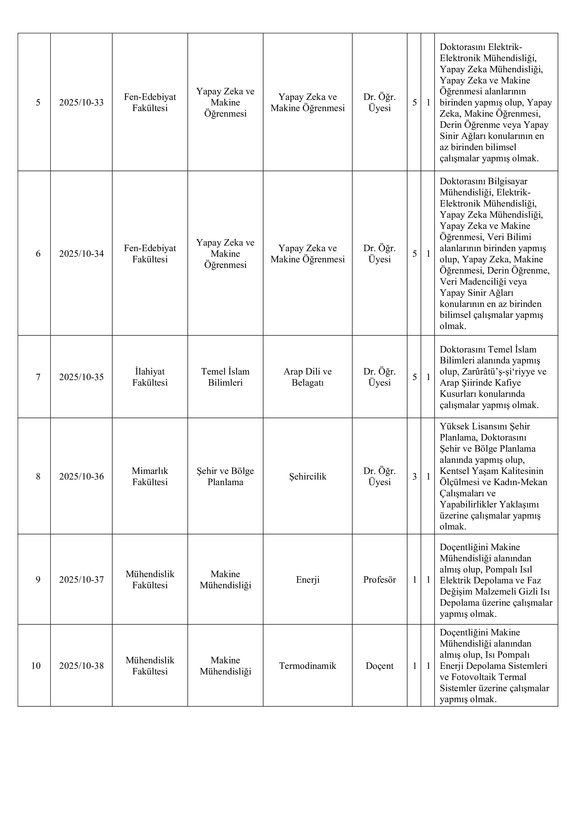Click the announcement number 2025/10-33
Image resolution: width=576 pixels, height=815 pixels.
pos(81,103)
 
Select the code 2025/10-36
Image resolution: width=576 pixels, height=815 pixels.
pos(81,476)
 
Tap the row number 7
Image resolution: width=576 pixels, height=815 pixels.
pos(38,377)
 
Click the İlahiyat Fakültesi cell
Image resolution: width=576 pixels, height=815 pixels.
pos(150,377)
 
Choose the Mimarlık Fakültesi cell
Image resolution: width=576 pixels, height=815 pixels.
pos(150,476)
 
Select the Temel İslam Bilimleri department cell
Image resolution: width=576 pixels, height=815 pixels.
pos(225,377)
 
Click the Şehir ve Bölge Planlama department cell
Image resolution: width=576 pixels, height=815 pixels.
pos(225,476)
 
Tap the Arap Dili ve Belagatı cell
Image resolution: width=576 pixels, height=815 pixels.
pos(308,377)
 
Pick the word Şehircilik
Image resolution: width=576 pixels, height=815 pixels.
pos(308,476)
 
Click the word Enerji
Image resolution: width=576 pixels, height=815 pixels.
pos(308,580)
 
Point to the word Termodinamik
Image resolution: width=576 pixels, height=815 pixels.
pos(308,666)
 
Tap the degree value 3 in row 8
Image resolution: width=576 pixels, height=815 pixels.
pos(414,476)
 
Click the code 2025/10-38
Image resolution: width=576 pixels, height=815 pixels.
pos(81,666)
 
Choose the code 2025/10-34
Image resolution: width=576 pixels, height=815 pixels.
pos(81,254)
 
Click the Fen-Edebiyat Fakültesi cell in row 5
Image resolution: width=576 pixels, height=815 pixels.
pos(150,103)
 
